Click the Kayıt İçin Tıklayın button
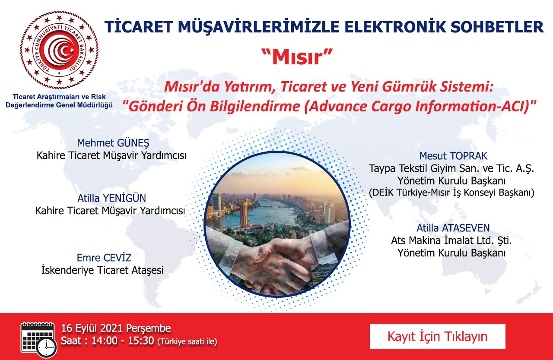[x=438, y=336]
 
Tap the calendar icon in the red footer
[x=39, y=340]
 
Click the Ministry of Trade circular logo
[x=59, y=50]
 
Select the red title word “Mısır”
[x=298, y=57]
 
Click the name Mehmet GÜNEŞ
[x=113, y=143]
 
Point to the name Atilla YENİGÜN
[x=111, y=198]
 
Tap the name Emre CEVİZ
[x=104, y=258]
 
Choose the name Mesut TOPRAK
[x=453, y=156]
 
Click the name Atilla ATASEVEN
[x=453, y=228]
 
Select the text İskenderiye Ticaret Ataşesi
[x=102, y=270]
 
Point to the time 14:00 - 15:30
[x=123, y=341]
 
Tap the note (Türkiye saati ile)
[x=188, y=342]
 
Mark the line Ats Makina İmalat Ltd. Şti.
[x=451, y=240]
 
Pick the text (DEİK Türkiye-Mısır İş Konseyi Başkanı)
[x=451, y=193]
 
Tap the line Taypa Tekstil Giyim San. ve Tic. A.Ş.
[x=451, y=169]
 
